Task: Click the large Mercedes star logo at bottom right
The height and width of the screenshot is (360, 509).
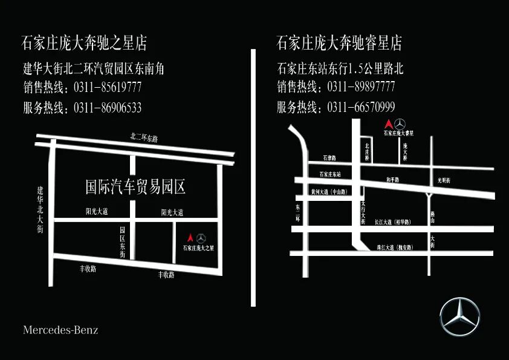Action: (x=459, y=317)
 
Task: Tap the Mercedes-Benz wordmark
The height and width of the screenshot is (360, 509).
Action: (x=60, y=330)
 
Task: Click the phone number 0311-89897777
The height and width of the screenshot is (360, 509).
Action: (x=361, y=87)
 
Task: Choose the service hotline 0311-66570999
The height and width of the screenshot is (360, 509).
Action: (x=361, y=108)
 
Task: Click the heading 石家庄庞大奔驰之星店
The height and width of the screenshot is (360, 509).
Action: (x=84, y=44)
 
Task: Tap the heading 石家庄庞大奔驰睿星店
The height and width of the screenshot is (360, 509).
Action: (x=339, y=44)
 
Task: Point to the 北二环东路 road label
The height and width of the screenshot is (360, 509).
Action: (x=144, y=138)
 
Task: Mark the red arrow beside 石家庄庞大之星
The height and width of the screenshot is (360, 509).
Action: (x=191, y=238)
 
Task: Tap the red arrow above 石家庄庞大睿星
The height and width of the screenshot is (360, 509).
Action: (x=389, y=123)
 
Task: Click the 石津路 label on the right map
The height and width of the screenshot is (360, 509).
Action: (x=329, y=158)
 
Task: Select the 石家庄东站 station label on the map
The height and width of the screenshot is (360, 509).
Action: (x=330, y=174)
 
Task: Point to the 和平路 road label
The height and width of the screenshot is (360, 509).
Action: (x=392, y=180)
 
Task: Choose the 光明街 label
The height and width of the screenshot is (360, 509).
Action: (x=444, y=180)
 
